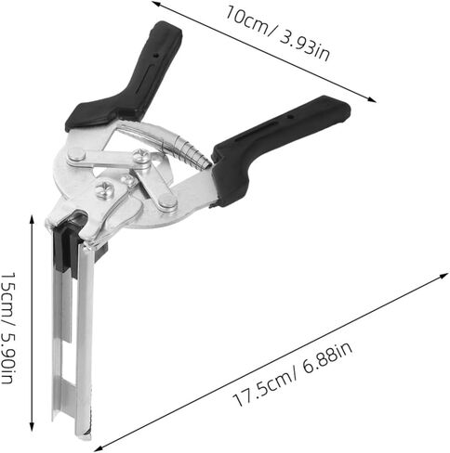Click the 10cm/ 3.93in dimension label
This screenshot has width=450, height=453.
pyautogui.click(x=277, y=34)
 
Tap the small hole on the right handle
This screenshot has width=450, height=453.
pyautogui.click(x=290, y=117)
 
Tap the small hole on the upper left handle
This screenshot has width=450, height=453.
pyautogui.click(x=157, y=56)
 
